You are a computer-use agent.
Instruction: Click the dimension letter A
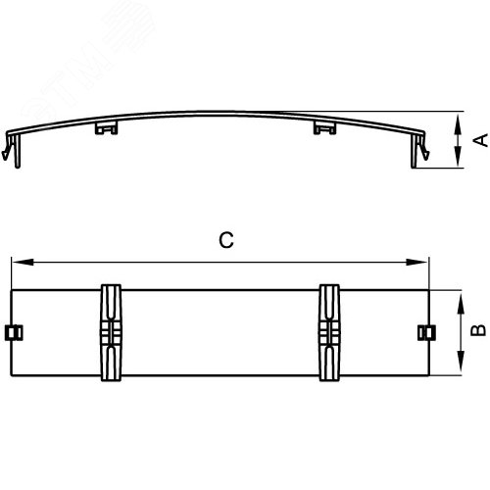[x=479, y=141]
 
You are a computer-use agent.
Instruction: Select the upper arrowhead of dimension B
[x=460, y=295]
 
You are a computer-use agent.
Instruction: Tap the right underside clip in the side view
[x=321, y=128]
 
